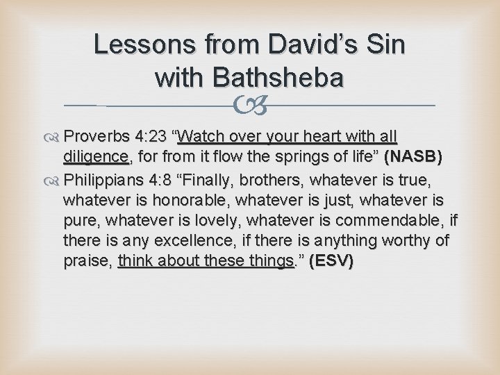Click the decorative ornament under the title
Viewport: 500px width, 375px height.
249,106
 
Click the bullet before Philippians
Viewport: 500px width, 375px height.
54,181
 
